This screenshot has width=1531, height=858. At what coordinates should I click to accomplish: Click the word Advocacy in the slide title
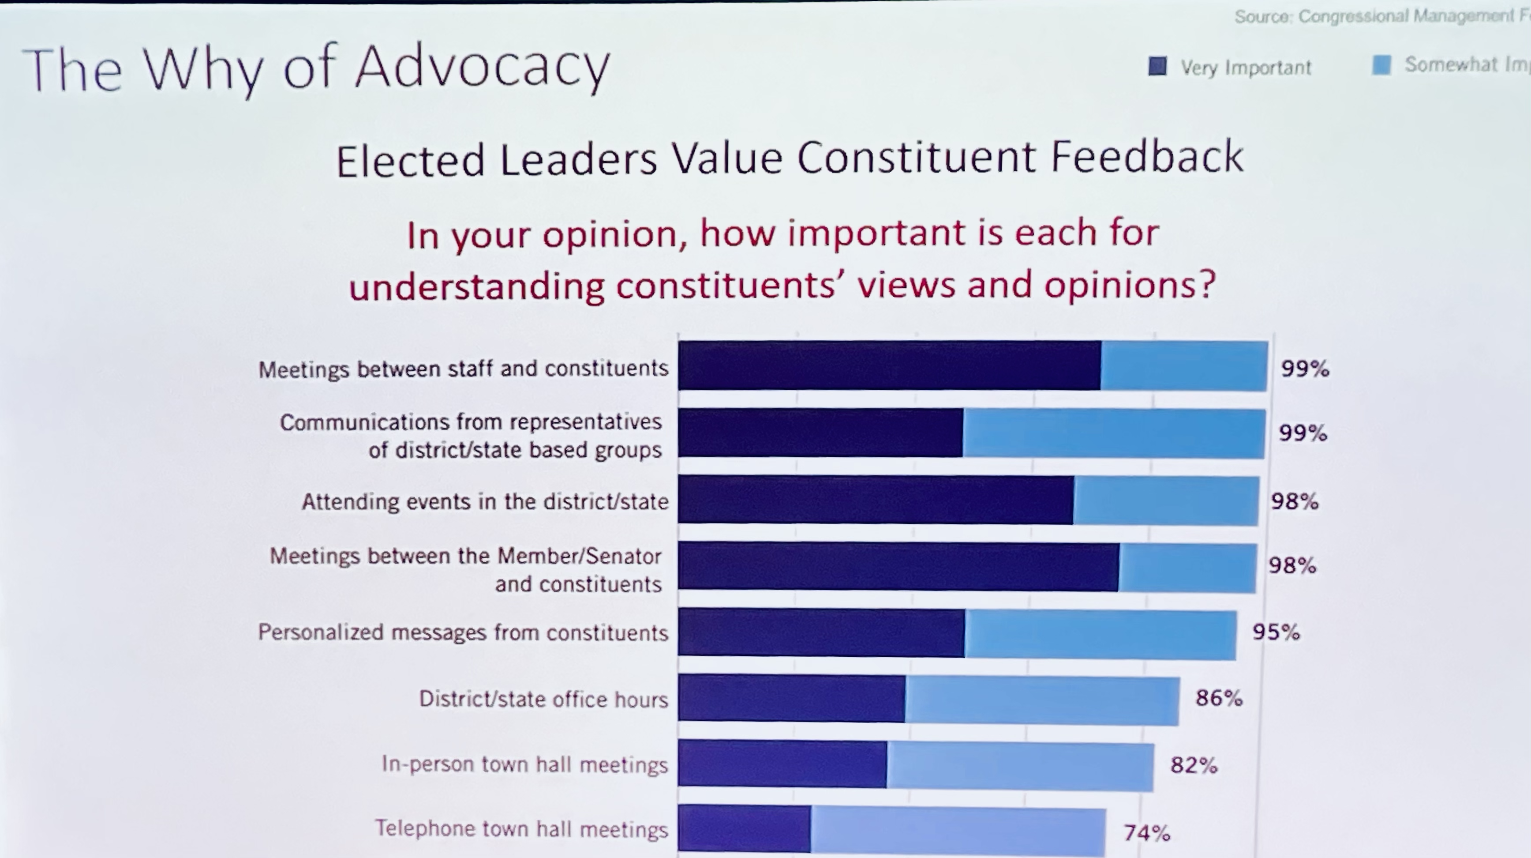point(483,68)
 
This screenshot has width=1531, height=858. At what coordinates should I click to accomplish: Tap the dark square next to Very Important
point(1157,66)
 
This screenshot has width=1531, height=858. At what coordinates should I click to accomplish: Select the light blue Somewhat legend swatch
point(1381,65)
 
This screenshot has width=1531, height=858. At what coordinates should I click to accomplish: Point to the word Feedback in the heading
point(1147,157)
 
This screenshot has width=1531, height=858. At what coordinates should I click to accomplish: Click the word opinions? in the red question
point(1130,285)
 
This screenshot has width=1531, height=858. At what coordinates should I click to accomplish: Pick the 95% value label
point(1276,632)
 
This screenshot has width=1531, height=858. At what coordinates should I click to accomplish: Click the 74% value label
point(1146,832)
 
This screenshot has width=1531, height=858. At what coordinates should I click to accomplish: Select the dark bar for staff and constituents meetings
point(889,365)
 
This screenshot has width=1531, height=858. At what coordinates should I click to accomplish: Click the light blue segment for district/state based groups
point(1114,433)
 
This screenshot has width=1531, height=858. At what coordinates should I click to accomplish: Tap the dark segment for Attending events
point(876,500)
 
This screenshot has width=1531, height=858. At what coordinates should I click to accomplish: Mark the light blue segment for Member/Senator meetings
point(1187,568)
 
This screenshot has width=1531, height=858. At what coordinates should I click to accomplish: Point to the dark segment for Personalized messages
point(821,632)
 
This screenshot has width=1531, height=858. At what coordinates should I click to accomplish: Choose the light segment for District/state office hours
point(1042,700)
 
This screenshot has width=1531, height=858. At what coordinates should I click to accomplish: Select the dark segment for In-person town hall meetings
point(782,764)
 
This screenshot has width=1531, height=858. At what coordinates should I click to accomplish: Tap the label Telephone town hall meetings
point(521,829)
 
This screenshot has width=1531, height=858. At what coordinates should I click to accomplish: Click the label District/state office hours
point(544,699)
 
